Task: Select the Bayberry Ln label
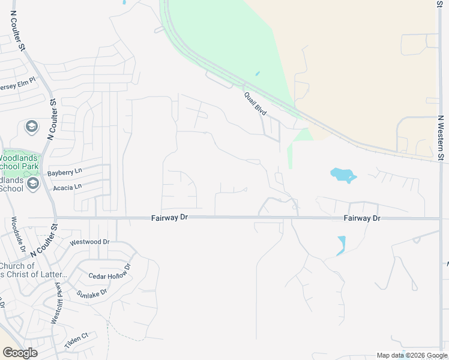pos(64,172)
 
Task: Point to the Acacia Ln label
pos(67,187)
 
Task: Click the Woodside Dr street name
pos(16,234)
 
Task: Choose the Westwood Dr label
pos(90,242)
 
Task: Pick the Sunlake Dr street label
pos(91,293)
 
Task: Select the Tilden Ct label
pos(76,337)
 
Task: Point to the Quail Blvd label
pos(255,103)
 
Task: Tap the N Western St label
pos(440,139)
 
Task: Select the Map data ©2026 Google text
pos(411,356)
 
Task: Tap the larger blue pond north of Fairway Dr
pos(343,175)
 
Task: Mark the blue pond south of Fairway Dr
pos(341,245)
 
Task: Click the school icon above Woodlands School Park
pos(31,127)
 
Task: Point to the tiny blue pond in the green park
pos(257,74)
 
